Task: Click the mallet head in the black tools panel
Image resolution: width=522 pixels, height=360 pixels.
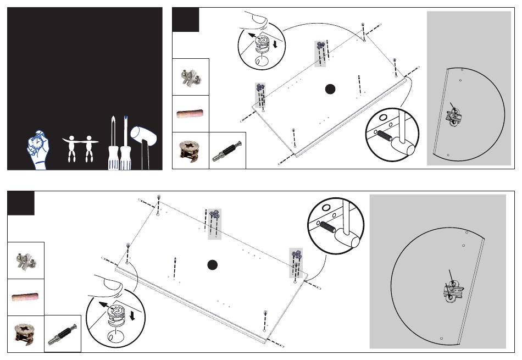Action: [x=142, y=135]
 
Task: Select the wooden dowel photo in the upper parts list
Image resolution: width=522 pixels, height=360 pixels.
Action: [x=190, y=114]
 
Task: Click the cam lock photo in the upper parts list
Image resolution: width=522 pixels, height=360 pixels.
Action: [x=190, y=151]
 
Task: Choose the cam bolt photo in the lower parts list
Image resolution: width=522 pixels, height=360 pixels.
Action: [x=63, y=334]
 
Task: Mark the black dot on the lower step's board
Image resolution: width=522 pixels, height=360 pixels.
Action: [x=213, y=265]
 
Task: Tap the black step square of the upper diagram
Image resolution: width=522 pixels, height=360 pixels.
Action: [x=186, y=20]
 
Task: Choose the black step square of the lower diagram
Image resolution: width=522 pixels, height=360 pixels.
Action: [x=21, y=203]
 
